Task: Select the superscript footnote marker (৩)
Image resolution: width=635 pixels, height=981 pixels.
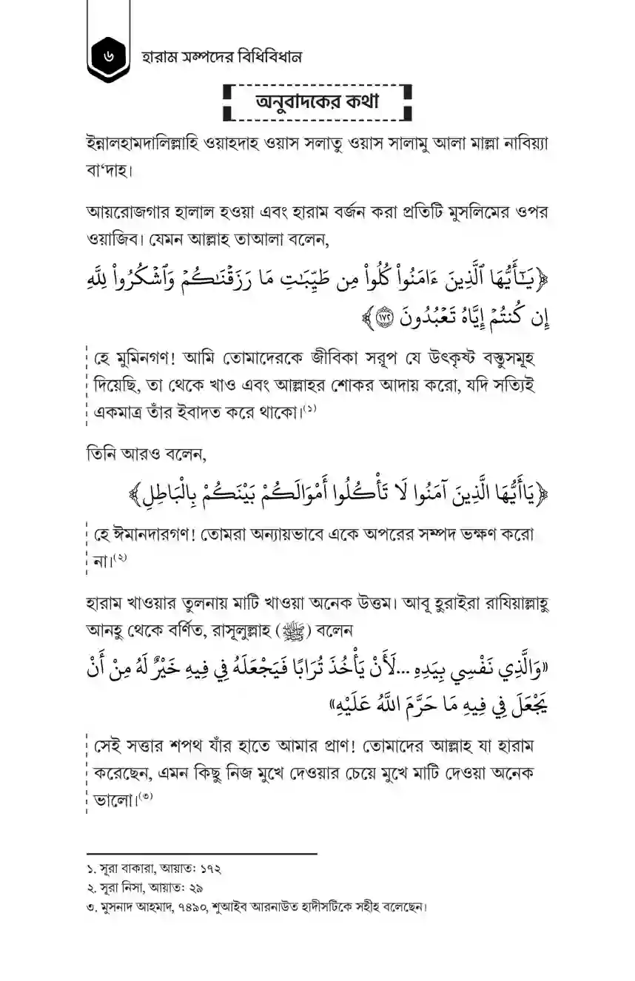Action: point(146,795)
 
